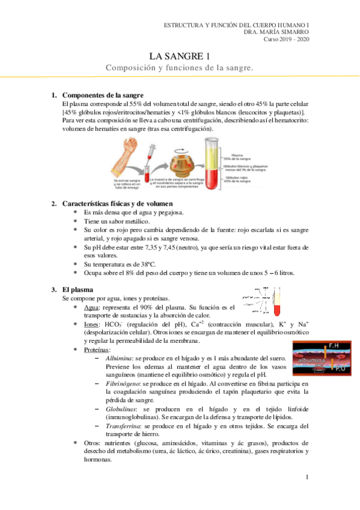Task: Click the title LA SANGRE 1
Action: pos(180,56)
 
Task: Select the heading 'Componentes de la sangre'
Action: pos(102,96)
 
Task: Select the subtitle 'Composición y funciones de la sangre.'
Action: pos(180,68)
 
